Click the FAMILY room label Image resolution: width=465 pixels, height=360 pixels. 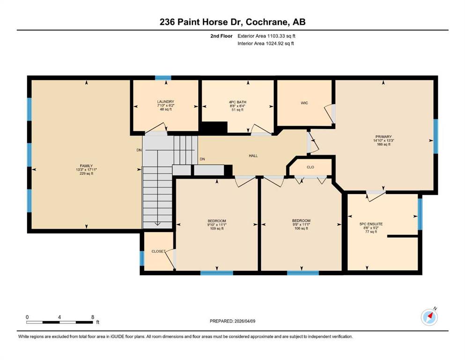click(x=86, y=166)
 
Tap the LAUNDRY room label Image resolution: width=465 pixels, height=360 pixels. click(x=165, y=102)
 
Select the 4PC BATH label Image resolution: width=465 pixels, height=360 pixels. click(x=237, y=102)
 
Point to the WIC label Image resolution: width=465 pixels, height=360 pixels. click(x=304, y=103)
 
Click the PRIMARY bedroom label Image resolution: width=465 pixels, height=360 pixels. click(x=384, y=137)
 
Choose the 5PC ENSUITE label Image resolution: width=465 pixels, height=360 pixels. click(x=371, y=224)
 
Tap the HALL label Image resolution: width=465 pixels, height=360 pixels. click(x=253, y=156)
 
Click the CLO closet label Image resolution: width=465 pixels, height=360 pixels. click(x=310, y=167)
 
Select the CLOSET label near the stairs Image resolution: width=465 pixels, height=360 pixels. click(x=158, y=251)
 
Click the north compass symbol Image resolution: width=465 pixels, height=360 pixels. click(x=429, y=317)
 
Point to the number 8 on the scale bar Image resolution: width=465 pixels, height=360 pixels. click(x=93, y=317)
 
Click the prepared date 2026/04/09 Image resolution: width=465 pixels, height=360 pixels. click(x=244, y=321)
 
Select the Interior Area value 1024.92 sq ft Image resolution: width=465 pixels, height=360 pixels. click(x=280, y=43)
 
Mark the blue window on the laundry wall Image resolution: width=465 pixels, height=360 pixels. click(x=163, y=78)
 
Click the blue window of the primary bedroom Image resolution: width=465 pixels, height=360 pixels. click(x=435, y=136)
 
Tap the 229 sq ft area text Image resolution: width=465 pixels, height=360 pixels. click(x=86, y=173)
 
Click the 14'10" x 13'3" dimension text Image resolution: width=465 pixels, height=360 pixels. click(x=384, y=141)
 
